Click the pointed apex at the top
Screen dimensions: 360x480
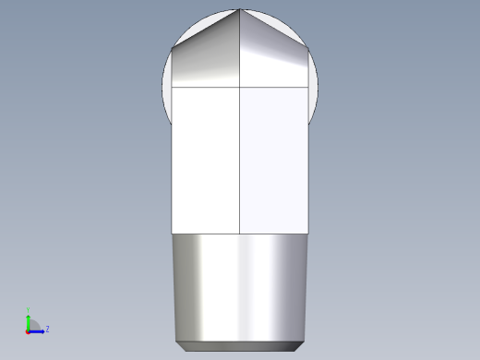tap(240, 9)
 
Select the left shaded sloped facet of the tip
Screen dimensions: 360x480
tap(207, 59)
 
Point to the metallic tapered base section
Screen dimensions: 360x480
tap(240, 286)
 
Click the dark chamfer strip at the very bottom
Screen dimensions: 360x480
tap(240, 346)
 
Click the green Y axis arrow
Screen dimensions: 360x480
tap(28, 319)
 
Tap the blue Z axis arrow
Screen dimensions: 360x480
tap(38, 330)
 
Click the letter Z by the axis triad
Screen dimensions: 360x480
tap(47, 329)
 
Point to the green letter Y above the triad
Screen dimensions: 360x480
tap(28, 310)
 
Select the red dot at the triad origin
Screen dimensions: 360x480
tap(28, 330)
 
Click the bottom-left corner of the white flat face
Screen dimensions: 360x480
tap(174, 232)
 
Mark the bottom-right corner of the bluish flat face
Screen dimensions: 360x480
tap(306, 232)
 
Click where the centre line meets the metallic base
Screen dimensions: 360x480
tap(240, 232)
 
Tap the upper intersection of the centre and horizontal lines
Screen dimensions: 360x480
tap(240, 87)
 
